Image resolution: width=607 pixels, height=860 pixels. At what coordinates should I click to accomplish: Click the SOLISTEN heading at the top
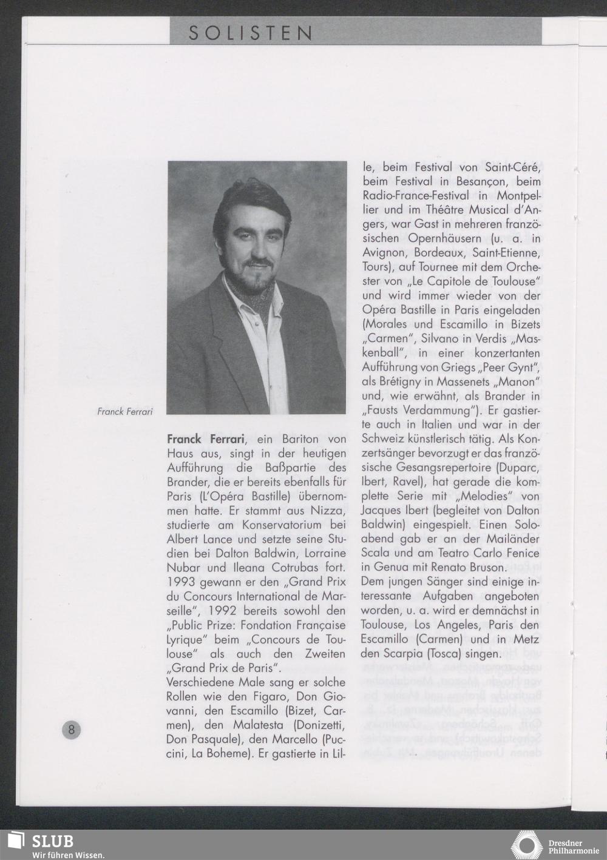[x=250, y=33]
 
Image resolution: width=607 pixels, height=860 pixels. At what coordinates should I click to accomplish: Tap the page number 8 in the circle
[x=71, y=730]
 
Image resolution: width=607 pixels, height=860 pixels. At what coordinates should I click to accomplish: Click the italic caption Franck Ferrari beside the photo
[x=125, y=412]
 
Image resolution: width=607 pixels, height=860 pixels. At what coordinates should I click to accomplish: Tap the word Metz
[x=524, y=640]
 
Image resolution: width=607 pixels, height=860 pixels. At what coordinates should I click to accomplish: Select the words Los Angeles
[x=445, y=625]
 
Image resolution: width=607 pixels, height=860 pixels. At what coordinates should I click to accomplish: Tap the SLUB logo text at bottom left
[x=53, y=842]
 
